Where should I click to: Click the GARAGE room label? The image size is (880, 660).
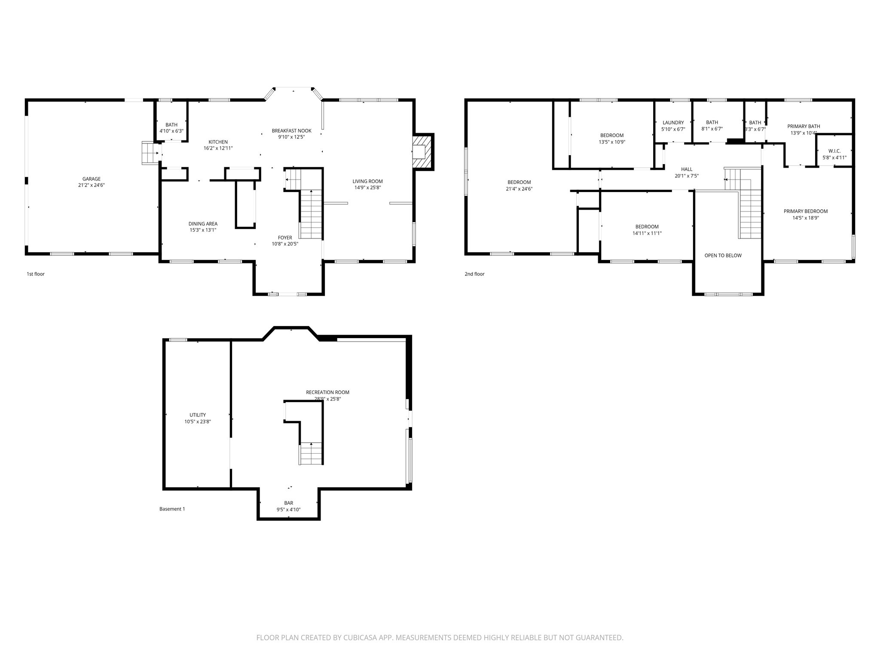(92, 179)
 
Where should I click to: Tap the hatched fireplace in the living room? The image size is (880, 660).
(423, 152)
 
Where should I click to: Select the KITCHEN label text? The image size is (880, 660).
(218, 142)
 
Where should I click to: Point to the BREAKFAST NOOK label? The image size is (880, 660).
(291, 131)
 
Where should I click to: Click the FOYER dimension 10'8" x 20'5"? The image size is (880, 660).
(285, 244)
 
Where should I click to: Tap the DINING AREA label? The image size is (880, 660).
(203, 224)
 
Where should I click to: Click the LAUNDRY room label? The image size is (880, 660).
(673, 123)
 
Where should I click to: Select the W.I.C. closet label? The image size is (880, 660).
(834, 151)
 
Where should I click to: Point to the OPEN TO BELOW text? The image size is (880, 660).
(723, 256)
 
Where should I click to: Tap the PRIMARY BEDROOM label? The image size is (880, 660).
(805, 211)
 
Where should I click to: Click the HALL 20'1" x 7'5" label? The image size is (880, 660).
(687, 172)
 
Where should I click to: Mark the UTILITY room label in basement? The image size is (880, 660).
(198, 415)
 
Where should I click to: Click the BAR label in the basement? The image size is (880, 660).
(288, 503)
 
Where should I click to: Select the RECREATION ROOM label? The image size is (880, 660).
(327, 392)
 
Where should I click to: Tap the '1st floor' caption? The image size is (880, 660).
(36, 274)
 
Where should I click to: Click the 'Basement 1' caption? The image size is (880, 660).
(172, 509)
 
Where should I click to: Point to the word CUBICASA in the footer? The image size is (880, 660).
(354, 638)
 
